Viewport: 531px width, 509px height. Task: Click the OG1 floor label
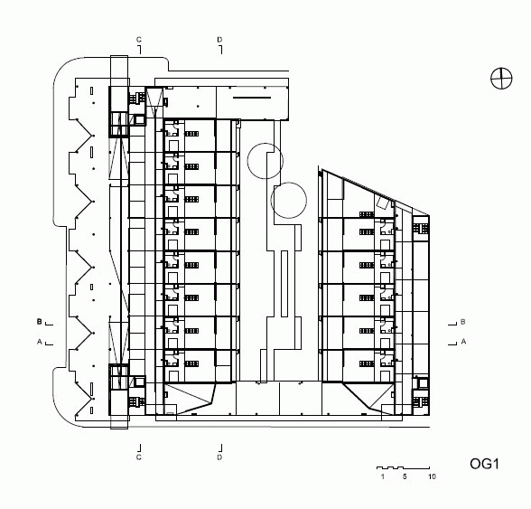(x=484, y=464)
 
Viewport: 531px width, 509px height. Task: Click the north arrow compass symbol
(x=501, y=79)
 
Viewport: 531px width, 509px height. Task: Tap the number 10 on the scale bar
(x=432, y=476)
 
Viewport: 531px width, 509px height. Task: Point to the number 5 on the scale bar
(x=405, y=476)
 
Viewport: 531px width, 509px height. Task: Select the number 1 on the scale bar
(x=383, y=476)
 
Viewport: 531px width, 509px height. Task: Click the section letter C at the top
(x=139, y=40)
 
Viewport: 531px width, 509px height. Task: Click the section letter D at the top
(x=219, y=40)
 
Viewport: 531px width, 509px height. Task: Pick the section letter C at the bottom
(x=139, y=457)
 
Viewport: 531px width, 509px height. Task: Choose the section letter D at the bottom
(x=219, y=457)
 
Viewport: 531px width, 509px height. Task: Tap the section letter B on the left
(x=40, y=322)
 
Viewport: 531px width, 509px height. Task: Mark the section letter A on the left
(x=40, y=342)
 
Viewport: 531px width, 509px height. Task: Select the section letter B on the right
(x=463, y=322)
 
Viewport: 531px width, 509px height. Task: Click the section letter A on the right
(x=463, y=342)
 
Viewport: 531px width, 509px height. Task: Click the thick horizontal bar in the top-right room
(x=252, y=98)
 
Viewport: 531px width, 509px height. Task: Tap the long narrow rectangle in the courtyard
(x=284, y=284)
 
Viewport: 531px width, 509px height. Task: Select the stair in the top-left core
(x=137, y=98)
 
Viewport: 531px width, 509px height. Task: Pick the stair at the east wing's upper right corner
(x=421, y=228)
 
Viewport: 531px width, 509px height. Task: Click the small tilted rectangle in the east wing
(x=382, y=203)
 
